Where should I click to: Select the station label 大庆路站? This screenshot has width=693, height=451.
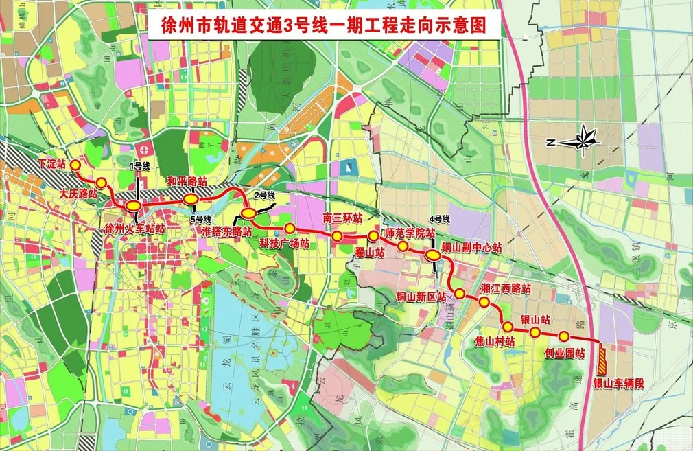click(77, 194)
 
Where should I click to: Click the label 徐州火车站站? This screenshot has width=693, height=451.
click(134, 228)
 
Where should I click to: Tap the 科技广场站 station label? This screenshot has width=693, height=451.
click(284, 243)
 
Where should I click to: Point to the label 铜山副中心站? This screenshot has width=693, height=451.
click(471, 246)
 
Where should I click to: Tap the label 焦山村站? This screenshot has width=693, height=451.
click(495, 340)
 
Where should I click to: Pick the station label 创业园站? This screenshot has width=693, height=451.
click(564, 354)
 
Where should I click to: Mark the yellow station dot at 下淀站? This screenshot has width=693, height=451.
click(75, 165)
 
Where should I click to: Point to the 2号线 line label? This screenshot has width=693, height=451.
click(264, 196)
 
